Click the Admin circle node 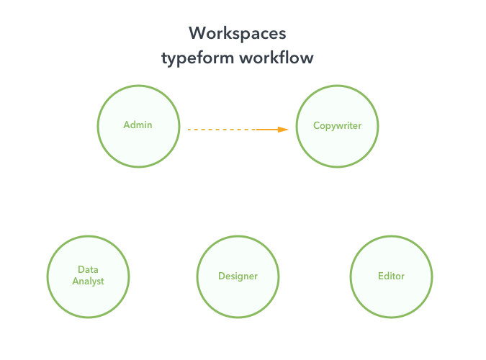click(138, 126)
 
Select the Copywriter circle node click(337, 126)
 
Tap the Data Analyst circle click(88, 276)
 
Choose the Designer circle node click(238, 276)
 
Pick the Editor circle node click(391, 276)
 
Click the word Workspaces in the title click(238, 34)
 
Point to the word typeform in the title click(198, 58)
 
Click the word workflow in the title click(276, 58)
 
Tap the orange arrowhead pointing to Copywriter click(283, 130)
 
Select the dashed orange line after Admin click(222, 130)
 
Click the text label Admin click(138, 125)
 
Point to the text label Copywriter click(337, 125)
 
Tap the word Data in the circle click(88, 269)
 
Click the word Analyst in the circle click(88, 281)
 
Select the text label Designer click(238, 276)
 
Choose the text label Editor click(391, 276)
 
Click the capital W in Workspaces click(197, 33)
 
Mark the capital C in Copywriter click(317, 125)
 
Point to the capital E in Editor click(381, 276)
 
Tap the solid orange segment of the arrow click(267, 130)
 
